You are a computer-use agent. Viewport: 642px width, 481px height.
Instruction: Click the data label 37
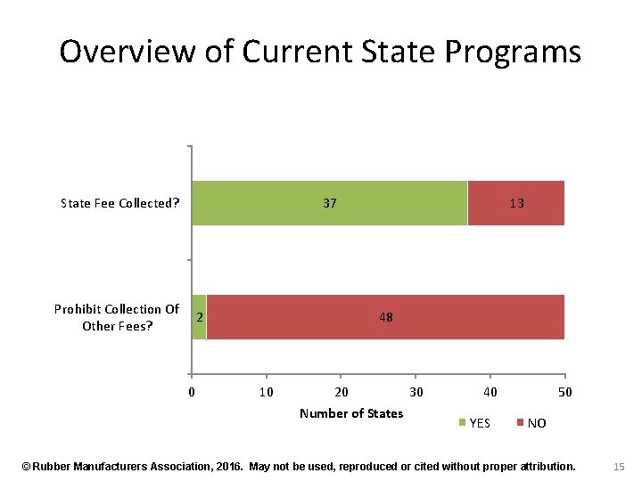point(330,203)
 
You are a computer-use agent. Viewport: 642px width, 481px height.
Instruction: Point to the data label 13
point(516,203)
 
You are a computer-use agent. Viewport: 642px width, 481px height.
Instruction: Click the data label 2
point(199,317)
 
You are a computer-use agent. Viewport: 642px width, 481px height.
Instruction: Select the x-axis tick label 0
point(192,392)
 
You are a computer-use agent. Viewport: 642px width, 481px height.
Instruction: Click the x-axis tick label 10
point(266,392)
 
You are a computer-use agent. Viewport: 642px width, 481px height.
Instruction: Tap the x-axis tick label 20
point(341,392)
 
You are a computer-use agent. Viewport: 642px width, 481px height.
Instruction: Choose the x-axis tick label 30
point(416,392)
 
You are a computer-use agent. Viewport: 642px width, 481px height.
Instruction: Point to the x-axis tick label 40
point(490,392)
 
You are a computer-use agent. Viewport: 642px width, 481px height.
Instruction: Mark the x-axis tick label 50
point(564,392)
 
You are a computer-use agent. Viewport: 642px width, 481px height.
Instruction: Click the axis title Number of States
point(351,413)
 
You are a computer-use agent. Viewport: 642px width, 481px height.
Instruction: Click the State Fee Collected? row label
point(120,203)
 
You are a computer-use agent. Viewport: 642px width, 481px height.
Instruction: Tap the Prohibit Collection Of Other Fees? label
point(117,317)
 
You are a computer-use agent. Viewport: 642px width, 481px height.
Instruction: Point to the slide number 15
point(619,466)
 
